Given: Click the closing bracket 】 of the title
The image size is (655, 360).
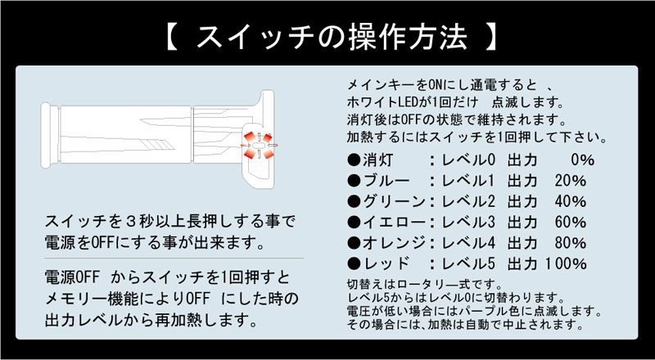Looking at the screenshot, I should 490,37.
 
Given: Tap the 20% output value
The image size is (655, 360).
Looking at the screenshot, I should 571,180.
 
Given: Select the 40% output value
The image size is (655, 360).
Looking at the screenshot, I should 571,201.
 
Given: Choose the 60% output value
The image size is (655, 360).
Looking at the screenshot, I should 571,222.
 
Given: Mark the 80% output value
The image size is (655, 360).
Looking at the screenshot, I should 571,243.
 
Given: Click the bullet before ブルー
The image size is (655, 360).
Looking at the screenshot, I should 354,180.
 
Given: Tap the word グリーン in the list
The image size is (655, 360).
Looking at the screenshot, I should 392,201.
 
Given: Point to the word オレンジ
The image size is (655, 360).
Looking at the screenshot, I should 392,243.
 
